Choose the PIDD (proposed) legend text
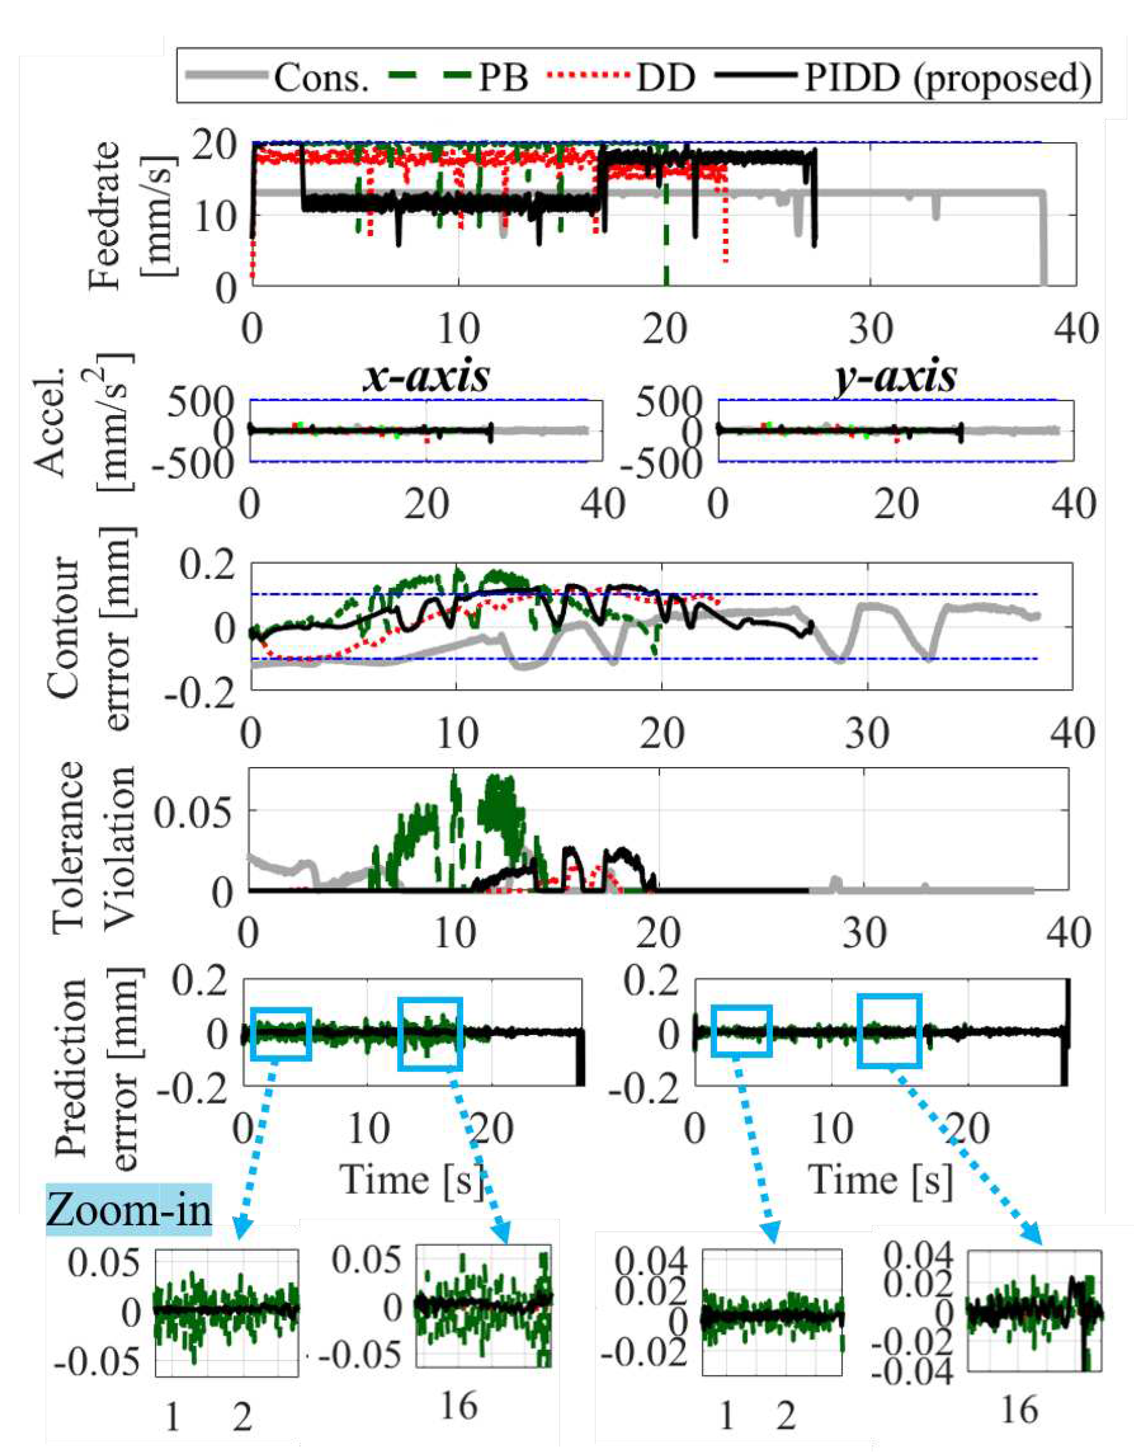tap(948, 78)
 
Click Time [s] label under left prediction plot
tap(412, 1179)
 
